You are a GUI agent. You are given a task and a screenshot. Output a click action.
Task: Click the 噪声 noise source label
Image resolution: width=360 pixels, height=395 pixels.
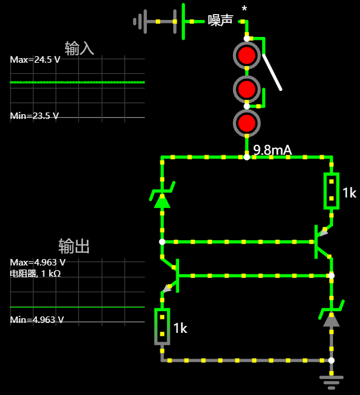[220, 21]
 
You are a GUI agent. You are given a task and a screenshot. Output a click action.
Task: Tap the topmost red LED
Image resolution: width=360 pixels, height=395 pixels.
[247, 56]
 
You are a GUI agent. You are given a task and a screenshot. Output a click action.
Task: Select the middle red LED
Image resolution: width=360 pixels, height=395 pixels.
[247, 89]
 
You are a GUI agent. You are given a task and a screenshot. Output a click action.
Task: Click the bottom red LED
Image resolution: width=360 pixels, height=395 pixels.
[247, 123]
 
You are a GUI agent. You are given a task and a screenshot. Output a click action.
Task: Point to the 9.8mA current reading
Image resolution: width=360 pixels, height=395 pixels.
[272, 150]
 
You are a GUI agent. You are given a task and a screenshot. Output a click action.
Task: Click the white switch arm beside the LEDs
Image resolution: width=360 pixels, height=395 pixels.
[272, 72]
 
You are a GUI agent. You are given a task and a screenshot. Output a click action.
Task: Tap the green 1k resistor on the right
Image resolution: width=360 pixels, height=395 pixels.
[331, 191]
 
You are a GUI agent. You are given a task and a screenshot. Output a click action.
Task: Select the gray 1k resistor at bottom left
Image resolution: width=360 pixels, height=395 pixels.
[162, 326]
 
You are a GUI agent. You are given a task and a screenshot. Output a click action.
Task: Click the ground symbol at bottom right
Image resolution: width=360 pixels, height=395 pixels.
[331, 381]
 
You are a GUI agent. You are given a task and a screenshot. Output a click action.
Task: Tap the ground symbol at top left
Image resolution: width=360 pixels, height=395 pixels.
[139, 22]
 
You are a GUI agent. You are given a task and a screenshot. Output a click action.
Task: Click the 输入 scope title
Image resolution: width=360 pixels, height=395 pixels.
[79, 47]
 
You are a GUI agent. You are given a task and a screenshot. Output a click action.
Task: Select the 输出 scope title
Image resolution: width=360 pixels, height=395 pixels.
[74, 246]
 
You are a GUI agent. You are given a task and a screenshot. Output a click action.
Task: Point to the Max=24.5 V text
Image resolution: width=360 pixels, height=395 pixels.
[35, 60]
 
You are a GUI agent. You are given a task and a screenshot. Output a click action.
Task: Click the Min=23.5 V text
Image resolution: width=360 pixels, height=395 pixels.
[35, 116]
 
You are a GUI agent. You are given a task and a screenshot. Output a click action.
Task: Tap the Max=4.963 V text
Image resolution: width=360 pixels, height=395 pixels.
[37, 262]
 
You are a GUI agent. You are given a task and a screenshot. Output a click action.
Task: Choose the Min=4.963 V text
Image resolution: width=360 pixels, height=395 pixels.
[37, 320]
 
